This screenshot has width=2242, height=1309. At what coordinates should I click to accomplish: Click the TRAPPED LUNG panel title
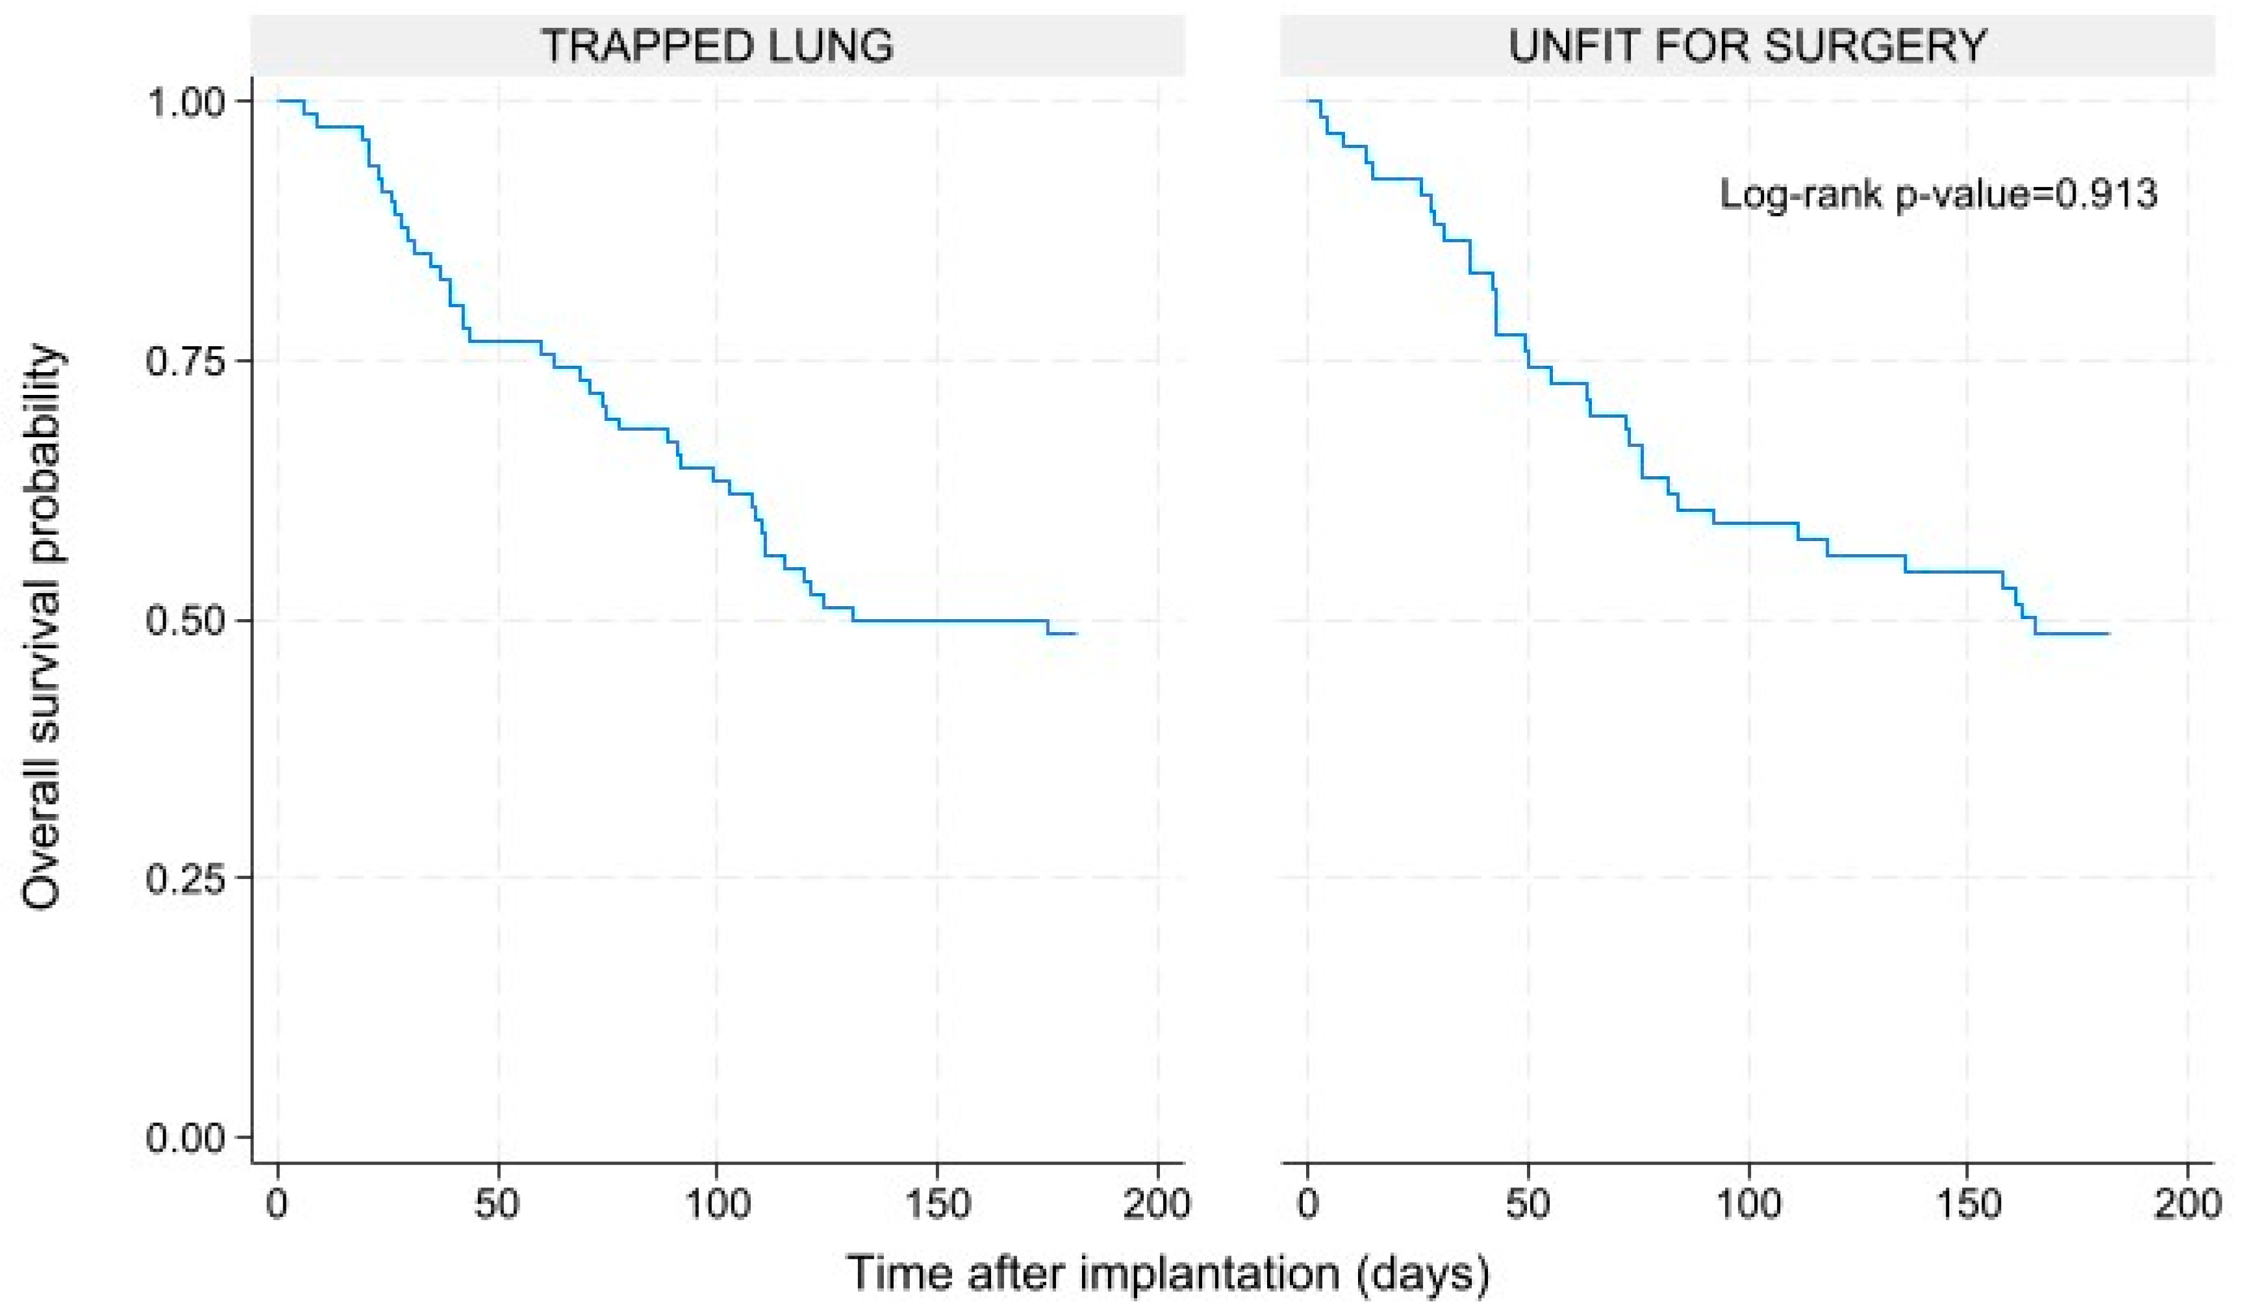pos(717,45)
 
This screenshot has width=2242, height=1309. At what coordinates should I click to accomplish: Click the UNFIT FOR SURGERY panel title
pos(1746,45)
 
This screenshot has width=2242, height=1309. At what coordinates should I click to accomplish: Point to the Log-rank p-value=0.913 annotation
pos(1939,193)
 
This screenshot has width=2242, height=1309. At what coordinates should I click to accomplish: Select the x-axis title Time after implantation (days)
pos(1167,1273)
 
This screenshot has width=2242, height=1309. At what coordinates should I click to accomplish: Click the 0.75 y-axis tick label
pos(186,362)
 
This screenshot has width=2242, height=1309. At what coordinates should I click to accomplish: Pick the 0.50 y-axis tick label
pos(186,621)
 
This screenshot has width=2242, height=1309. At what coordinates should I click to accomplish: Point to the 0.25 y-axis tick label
pos(186,879)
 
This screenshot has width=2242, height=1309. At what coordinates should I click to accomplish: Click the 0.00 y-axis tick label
pos(186,1138)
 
